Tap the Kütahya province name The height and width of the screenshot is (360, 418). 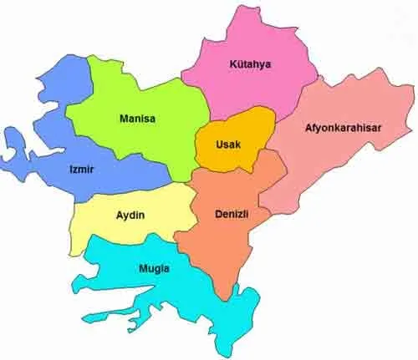click(251, 63)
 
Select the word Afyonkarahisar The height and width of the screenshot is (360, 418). click(341, 128)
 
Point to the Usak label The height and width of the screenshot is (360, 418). click(228, 145)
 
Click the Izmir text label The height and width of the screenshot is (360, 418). click(81, 170)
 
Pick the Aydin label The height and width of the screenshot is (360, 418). click(130, 215)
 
